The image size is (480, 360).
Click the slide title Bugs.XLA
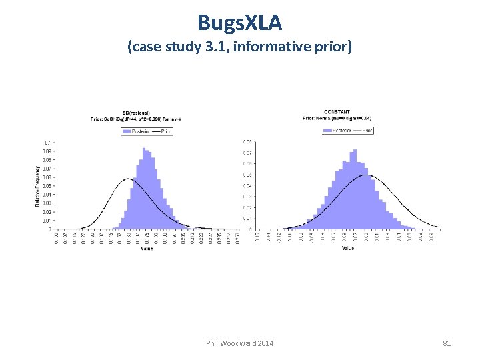[x=240, y=23]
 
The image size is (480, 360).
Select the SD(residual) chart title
[x=136, y=111]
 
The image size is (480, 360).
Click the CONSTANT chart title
[x=337, y=111]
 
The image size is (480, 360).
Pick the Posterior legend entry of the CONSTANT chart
[x=337, y=131]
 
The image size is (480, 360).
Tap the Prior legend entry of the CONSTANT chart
[x=363, y=131]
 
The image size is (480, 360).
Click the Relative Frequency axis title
[x=37, y=186]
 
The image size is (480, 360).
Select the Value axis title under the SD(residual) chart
[x=147, y=249]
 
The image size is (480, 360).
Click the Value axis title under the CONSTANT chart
[x=347, y=249]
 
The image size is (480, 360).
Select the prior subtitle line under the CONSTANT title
[x=337, y=118]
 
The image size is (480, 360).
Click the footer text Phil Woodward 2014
[x=239, y=343]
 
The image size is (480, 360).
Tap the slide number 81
[x=447, y=343]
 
